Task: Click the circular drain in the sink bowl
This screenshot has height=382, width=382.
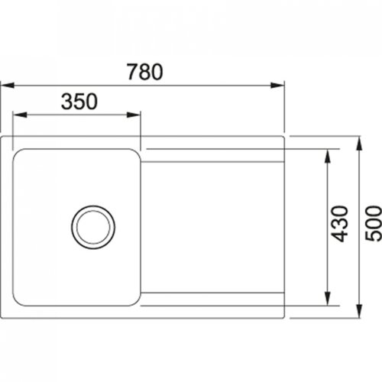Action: tap(92, 225)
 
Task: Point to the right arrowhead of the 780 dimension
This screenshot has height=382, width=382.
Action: tap(280, 85)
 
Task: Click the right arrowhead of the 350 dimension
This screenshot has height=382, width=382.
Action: tap(135, 116)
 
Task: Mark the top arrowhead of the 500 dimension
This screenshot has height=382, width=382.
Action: tap(360, 143)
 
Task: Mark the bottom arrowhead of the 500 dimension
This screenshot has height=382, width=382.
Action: tap(360, 309)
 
